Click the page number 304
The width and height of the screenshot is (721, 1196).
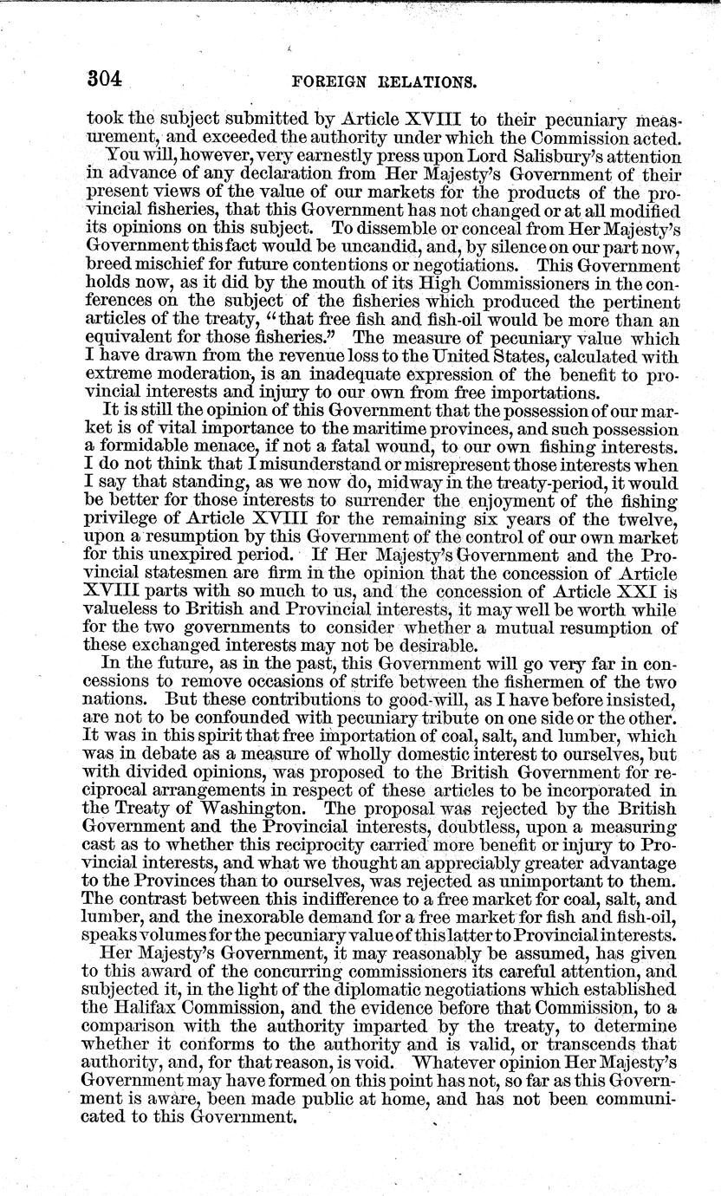click(x=106, y=80)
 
